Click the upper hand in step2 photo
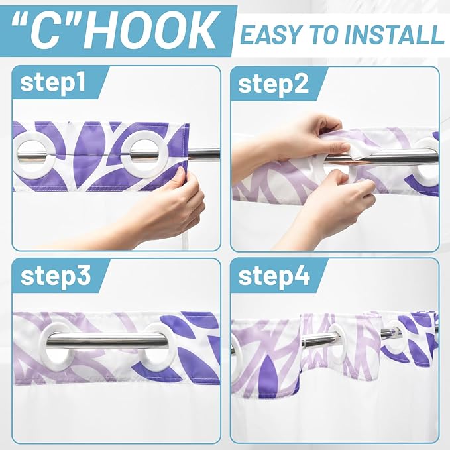[302, 136]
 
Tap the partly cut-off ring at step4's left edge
[235, 345]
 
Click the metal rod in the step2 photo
[391, 157]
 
